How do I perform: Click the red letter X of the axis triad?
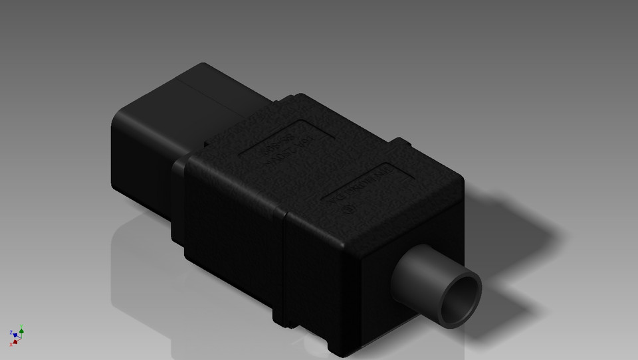pos(11,345)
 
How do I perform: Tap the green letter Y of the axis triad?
pos(22,325)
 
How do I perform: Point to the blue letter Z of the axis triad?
pos(11,331)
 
